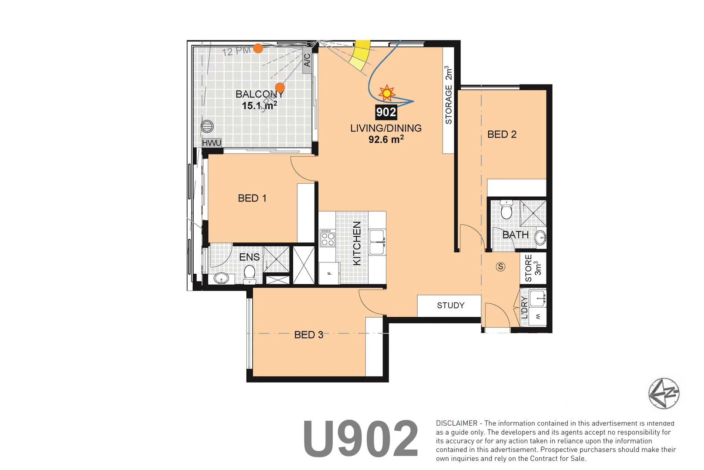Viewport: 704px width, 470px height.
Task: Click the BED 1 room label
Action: pyautogui.click(x=252, y=198)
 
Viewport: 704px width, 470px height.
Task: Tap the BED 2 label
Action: pyautogui.click(x=502, y=134)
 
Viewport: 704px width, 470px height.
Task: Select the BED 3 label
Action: pyautogui.click(x=308, y=335)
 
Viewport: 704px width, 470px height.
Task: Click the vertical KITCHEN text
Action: pyautogui.click(x=357, y=243)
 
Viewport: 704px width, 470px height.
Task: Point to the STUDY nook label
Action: pyautogui.click(x=450, y=305)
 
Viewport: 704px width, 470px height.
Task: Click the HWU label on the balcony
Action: pyautogui.click(x=212, y=143)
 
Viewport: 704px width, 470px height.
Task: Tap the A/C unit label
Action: pyautogui.click(x=307, y=60)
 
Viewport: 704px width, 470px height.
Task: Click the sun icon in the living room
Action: pyautogui.click(x=386, y=93)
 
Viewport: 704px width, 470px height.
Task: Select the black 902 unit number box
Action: pyautogui.click(x=386, y=112)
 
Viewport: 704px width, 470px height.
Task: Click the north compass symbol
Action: pyautogui.click(x=664, y=393)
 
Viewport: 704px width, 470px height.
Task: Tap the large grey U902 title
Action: pyautogui.click(x=360, y=439)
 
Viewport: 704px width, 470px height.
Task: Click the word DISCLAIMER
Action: pyautogui.click(x=456, y=423)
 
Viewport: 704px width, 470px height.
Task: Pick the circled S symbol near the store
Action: pyautogui.click(x=501, y=267)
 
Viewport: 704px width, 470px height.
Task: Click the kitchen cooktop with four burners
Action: pyautogui.click(x=328, y=238)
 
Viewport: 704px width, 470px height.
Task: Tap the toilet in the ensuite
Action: pyautogui.click(x=249, y=273)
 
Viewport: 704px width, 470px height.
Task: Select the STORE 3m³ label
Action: pyautogui.click(x=533, y=268)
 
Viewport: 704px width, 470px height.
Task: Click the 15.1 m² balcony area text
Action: pyautogui.click(x=259, y=106)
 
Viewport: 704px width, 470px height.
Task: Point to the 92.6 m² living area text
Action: pyautogui.click(x=386, y=140)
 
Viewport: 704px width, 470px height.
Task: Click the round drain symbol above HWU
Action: pyautogui.click(x=208, y=126)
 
